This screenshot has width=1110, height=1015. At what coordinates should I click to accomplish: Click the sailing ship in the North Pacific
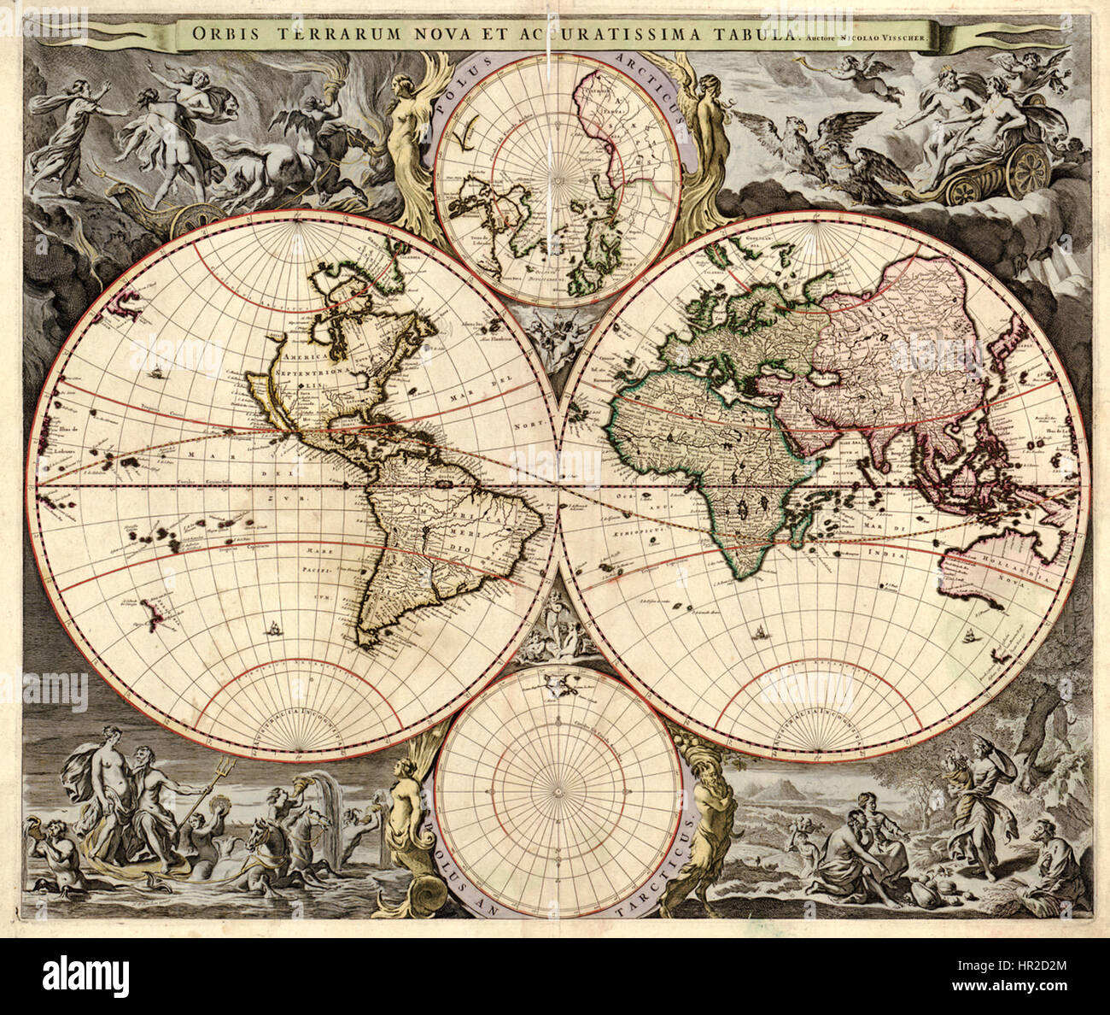click(x=157, y=373)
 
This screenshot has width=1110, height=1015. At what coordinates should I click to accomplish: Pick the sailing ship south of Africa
click(x=757, y=633)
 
